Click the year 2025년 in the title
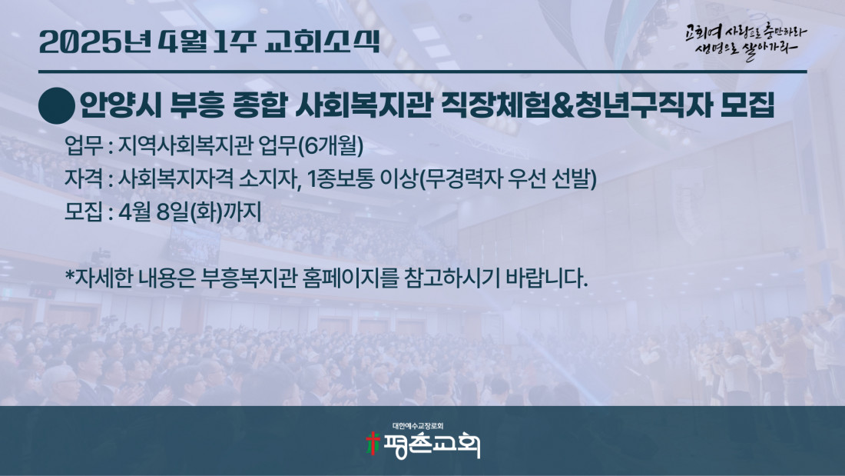(94, 42)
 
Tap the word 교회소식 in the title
(323, 42)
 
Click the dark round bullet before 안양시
(57, 106)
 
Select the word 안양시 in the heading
(121, 105)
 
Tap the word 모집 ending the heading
(747, 105)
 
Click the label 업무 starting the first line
(84, 145)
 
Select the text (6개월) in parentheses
(330, 145)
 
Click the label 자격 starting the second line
(84, 178)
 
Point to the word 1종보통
(340, 178)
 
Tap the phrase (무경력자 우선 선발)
(507, 178)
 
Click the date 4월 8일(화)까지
(190, 211)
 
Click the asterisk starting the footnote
(69, 275)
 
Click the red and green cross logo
(372, 444)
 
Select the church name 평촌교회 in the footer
(431, 445)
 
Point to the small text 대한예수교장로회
(418, 426)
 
